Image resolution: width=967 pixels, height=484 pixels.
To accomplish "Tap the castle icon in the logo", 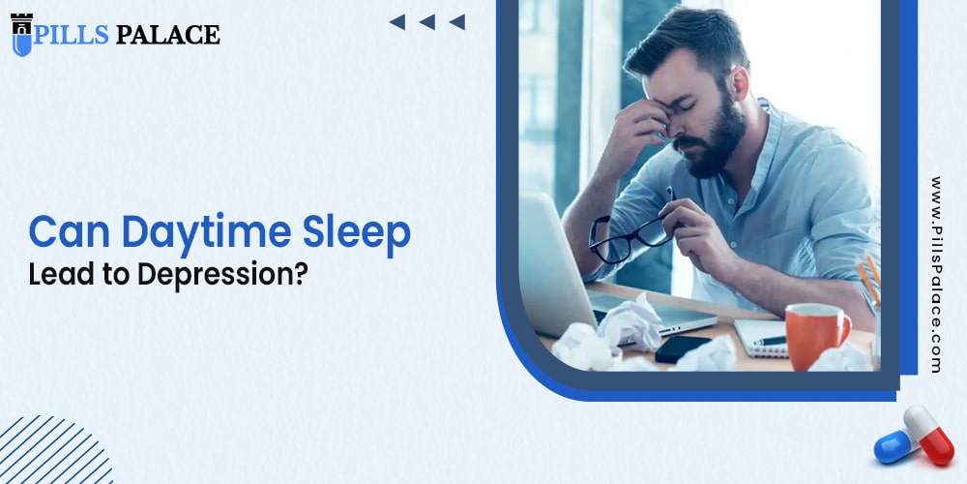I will tap(21, 34).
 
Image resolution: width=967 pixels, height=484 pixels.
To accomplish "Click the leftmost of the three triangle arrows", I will tap(396, 22).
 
